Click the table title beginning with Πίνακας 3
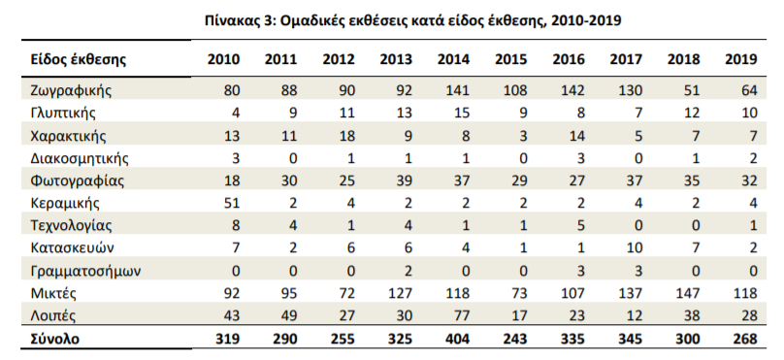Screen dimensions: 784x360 click(413, 21)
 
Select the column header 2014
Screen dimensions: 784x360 click(453, 59)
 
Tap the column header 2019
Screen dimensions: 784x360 click(741, 59)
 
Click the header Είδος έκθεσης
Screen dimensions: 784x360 click(78, 60)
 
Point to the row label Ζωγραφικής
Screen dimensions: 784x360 click(71, 90)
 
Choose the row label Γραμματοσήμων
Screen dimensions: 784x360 click(85, 272)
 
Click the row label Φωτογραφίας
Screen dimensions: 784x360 click(77, 181)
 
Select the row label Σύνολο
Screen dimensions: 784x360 click(55, 339)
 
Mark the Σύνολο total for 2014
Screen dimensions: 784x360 click(453, 339)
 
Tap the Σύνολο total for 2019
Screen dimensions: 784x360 click(741, 339)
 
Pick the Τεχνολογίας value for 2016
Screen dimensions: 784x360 click(579, 226)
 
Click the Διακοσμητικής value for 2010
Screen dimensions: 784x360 click(235, 158)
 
